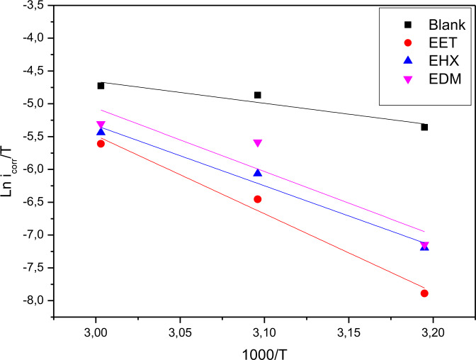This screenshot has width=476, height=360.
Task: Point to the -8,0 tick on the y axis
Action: [x=33, y=300]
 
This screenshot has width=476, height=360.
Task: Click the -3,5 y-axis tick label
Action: [x=33, y=5]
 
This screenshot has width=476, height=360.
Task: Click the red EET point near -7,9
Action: [x=424, y=293]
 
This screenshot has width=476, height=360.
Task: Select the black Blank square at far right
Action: [x=424, y=127]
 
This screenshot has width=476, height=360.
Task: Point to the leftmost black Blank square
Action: [x=101, y=86]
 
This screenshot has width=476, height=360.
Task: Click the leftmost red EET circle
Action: [x=101, y=143]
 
